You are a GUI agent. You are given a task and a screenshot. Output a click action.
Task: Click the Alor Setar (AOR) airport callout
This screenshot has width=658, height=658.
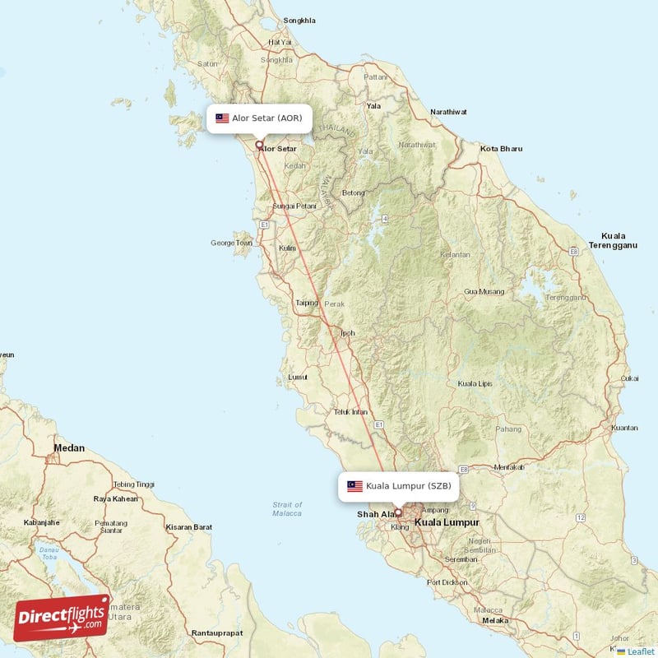click(x=259, y=118)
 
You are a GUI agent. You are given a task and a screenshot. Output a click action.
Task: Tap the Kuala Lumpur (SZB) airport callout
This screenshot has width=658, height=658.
click(x=398, y=485)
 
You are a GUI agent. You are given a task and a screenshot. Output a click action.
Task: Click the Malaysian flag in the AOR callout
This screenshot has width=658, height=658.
click(x=222, y=118)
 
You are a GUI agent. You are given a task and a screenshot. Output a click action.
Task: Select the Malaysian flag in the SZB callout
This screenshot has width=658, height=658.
click(x=355, y=485)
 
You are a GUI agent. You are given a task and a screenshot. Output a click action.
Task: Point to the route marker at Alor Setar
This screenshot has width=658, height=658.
click(x=260, y=145)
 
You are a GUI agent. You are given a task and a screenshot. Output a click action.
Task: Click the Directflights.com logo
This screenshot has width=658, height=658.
click(x=62, y=618)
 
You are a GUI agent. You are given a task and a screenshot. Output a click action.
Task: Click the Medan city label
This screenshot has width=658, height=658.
click(x=68, y=448)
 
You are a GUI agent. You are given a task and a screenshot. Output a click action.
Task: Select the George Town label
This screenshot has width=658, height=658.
click(x=231, y=243)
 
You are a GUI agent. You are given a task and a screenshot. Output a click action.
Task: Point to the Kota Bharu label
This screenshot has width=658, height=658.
click(x=501, y=149)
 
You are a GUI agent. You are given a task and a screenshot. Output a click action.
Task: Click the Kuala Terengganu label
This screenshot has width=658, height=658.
click(x=613, y=240)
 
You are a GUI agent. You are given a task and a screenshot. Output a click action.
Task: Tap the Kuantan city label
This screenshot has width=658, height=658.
click(x=624, y=428)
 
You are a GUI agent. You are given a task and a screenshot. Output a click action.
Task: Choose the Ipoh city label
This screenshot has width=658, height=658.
click(x=348, y=333)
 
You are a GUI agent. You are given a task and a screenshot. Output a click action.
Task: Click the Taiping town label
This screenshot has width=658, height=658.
click(x=307, y=303)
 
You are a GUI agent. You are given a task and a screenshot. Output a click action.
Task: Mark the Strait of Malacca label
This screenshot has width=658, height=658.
click(x=287, y=508)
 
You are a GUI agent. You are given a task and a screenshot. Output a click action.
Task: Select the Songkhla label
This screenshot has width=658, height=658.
click(x=299, y=20)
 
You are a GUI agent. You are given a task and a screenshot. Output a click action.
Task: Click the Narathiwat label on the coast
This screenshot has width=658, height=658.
click(x=449, y=111)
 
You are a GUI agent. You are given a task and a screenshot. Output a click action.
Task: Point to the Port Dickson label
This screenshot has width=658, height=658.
click(x=445, y=582)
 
